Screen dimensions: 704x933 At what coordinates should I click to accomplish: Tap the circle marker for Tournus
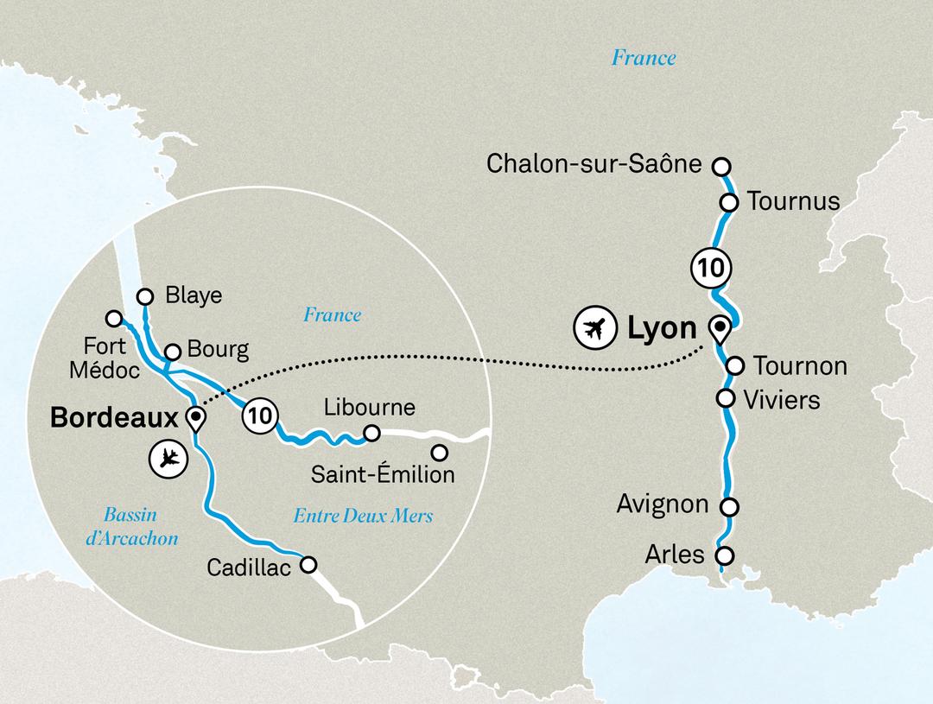728,202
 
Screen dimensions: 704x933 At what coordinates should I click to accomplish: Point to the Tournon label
800,366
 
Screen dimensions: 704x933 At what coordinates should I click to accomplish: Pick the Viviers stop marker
726,398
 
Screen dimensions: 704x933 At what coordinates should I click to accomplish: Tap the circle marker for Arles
724,555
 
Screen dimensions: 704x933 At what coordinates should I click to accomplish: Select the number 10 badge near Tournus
708,268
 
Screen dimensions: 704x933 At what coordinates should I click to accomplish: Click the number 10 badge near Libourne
260,415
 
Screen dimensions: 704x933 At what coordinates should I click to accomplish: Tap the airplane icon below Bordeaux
168,458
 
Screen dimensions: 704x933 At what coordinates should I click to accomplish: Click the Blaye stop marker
145,295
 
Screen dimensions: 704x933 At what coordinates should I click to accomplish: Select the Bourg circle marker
172,352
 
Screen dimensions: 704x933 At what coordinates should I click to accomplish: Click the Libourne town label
369,407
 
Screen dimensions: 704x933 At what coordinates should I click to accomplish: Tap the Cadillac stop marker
308,566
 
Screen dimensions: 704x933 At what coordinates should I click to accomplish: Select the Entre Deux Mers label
363,517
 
